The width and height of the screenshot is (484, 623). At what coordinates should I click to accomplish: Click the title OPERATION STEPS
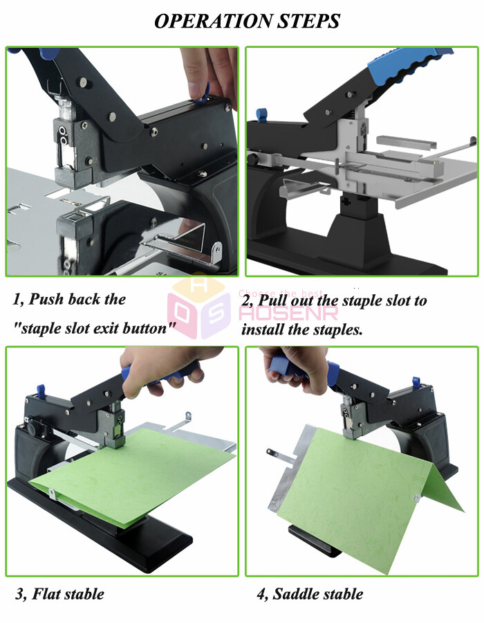pyautogui.click(x=247, y=21)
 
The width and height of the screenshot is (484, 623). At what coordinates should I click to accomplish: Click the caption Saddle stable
pyautogui.click(x=310, y=593)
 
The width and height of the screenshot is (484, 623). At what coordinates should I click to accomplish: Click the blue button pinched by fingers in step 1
pyautogui.click(x=205, y=91)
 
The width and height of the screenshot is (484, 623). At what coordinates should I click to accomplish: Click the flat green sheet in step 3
pyautogui.click(x=138, y=471)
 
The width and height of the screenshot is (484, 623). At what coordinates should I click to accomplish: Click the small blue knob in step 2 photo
pyautogui.click(x=261, y=114)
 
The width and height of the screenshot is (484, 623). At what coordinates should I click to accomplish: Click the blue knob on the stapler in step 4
pyautogui.click(x=416, y=383)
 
